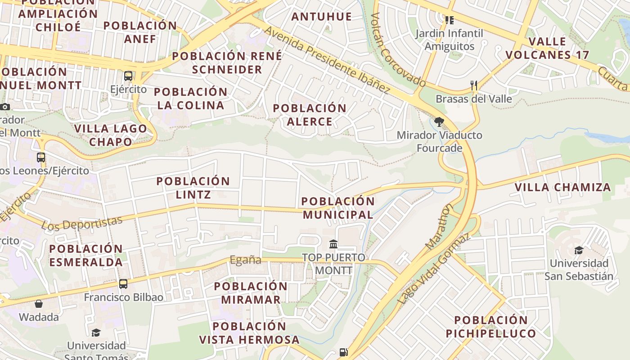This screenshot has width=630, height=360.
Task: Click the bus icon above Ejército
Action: (128, 76)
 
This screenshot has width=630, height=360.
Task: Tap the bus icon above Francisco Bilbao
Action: (123, 284)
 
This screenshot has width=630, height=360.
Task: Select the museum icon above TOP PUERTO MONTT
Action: (333, 244)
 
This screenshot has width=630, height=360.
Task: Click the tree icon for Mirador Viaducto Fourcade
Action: (439, 121)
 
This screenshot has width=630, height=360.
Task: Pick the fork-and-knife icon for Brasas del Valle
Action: (473, 85)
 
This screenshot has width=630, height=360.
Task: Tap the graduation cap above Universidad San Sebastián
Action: (579, 250)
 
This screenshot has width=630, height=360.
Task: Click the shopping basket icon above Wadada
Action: (39, 304)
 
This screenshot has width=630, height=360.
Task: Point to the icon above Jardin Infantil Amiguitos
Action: (449, 20)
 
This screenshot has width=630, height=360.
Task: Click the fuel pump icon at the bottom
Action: (344, 352)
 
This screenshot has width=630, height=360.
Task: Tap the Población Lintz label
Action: (193, 188)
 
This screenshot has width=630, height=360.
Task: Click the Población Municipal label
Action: (338, 208)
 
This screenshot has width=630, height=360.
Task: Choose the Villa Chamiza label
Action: (562, 187)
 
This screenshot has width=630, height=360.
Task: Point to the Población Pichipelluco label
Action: (491, 327)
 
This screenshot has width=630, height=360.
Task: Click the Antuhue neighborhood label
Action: (321, 17)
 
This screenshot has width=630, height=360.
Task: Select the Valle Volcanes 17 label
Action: (547, 48)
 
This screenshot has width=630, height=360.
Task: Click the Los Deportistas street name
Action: (82, 223)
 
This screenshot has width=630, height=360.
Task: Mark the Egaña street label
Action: (245, 260)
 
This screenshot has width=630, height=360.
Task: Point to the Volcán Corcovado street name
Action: (398, 49)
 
